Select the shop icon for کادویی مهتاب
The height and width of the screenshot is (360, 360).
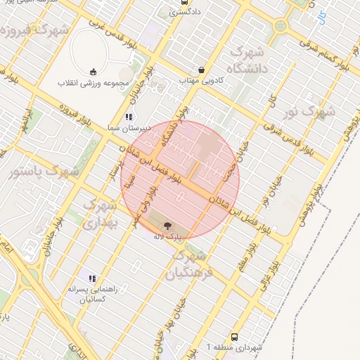coord(202,70)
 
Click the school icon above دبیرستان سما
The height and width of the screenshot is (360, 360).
coord(128,117)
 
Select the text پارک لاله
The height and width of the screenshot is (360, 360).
coord(169,236)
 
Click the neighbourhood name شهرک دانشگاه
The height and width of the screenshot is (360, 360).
coord(250,61)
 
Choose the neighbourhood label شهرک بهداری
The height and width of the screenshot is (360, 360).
coord(99,214)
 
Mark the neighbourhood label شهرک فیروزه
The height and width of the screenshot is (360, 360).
coord(35,32)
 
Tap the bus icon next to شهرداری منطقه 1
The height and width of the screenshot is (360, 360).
coord(234,337)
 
